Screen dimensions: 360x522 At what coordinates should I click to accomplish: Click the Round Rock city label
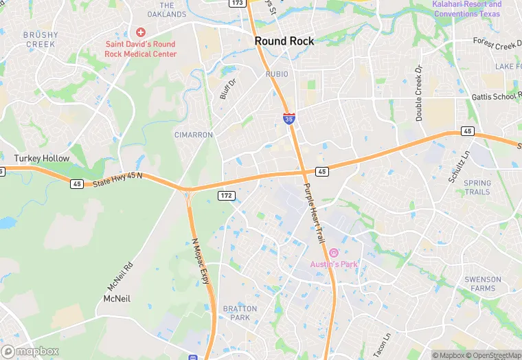click(284, 41)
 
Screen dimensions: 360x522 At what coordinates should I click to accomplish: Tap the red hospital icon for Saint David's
click(141, 32)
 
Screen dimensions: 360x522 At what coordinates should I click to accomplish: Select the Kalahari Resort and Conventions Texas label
click(466, 9)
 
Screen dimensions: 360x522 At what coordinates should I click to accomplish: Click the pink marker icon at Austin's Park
click(334, 254)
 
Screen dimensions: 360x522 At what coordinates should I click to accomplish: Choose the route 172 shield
click(227, 196)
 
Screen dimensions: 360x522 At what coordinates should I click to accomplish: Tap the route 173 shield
click(237, 3)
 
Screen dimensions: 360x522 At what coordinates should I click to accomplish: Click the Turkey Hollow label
click(42, 159)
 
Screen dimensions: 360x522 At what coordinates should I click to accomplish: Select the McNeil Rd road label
click(117, 275)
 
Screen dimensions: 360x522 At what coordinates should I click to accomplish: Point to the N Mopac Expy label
click(199, 262)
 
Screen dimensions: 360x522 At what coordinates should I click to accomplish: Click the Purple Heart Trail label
click(313, 212)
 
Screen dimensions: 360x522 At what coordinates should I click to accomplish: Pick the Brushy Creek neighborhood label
click(40, 39)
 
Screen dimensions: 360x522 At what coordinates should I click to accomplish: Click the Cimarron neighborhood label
click(194, 135)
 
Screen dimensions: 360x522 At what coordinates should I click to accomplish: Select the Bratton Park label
click(240, 313)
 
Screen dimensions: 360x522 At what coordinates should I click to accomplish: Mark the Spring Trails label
click(477, 188)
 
